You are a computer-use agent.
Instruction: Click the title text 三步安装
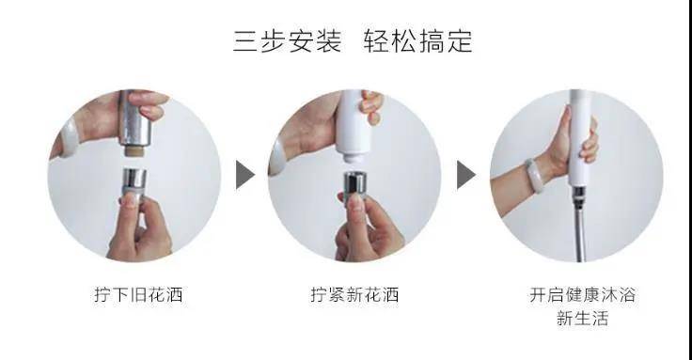pyautogui.click(x=287, y=42)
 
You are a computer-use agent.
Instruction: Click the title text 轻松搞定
pyautogui.click(x=417, y=42)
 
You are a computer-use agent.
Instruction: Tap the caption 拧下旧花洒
pyautogui.click(x=133, y=294)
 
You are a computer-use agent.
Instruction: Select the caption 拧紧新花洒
pyautogui.click(x=354, y=294)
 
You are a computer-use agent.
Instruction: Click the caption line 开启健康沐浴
pyautogui.click(x=582, y=294)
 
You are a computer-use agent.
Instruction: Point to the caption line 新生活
pyautogui.click(x=582, y=319)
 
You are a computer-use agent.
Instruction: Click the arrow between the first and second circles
pyautogui.click(x=244, y=175)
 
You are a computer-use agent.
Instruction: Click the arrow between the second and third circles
pyautogui.click(x=466, y=175)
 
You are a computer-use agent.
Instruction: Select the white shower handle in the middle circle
pyautogui.click(x=354, y=117)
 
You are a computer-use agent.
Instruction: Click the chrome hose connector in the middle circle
pyautogui.click(x=354, y=184)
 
